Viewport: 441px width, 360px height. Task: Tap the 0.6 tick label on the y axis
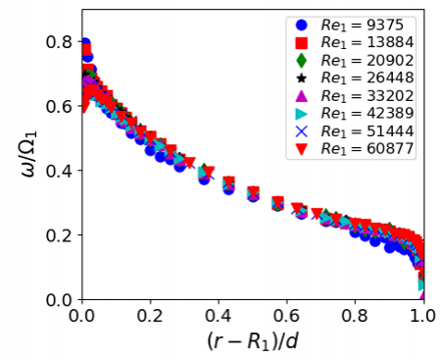tap(58, 107)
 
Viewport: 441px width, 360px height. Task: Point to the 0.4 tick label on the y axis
tap(58, 171)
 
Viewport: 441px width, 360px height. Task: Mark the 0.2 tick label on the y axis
tap(58, 235)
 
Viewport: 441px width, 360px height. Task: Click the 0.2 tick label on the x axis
tap(149, 316)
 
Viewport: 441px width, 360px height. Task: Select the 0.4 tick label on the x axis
tap(218, 316)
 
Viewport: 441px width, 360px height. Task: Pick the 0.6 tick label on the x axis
tap(286, 316)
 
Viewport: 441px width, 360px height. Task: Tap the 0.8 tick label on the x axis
tap(354, 316)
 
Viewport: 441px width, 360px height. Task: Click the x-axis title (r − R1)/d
tap(252, 341)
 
